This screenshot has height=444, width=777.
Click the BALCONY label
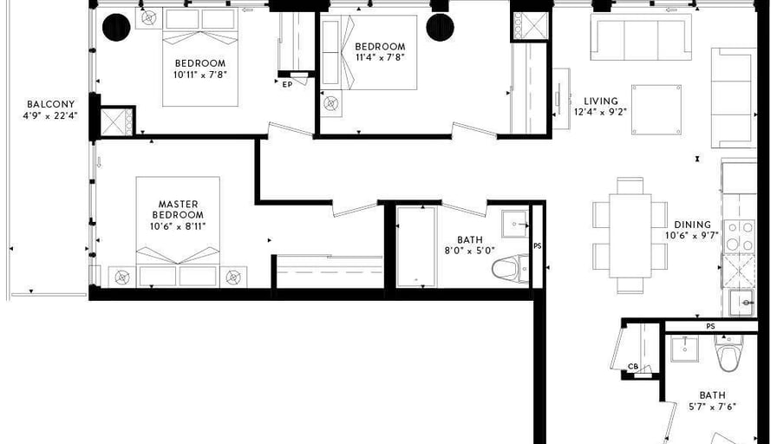click(x=51, y=104)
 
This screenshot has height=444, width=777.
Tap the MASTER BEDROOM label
click(x=178, y=209)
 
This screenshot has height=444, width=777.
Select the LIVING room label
click(x=601, y=101)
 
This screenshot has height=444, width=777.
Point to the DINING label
click(x=692, y=225)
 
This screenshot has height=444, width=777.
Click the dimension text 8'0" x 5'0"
click(x=470, y=251)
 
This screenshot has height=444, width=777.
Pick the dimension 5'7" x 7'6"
click(x=712, y=407)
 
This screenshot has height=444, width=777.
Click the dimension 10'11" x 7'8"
click(x=200, y=75)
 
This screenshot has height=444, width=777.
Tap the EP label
click(x=287, y=85)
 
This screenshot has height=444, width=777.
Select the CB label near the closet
click(x=633, y=367)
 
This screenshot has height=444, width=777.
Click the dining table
click(x=630, y=236)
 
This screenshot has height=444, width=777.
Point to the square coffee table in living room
click(x=656, y=109)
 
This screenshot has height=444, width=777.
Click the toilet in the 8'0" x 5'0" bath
click(x=511, y=269)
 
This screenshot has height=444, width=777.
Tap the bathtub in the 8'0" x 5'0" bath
click(x=416, y=247)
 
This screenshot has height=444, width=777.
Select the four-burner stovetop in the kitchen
click(x=739, y=237)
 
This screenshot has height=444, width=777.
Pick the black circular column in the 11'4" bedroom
click(x=440, y=27)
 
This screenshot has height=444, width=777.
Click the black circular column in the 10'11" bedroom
click(x=116, y=27)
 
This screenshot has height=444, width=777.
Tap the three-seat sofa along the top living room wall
click(x=641, y=37)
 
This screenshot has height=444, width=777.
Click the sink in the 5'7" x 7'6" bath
click(x=684, y=349)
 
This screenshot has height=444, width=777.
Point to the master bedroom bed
click(x=178, y=232)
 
